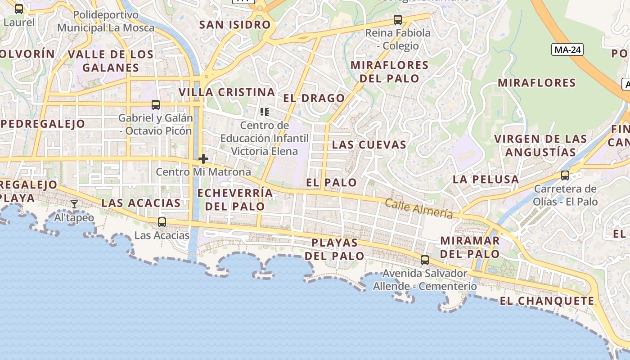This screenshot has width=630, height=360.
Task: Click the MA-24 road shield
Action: [567, 49]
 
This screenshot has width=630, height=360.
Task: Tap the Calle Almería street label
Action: [418, 208]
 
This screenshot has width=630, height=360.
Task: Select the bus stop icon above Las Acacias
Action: [162, 222]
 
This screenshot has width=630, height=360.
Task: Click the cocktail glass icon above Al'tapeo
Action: [74, 204]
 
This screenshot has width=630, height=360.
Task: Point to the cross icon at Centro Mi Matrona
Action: [203, 159]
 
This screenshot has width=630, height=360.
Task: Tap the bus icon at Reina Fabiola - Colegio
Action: [397, 20]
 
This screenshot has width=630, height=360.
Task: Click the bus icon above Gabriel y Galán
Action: [156, 105]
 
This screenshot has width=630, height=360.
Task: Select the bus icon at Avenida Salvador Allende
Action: [425, 260]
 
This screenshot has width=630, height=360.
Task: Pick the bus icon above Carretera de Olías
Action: [565, 175]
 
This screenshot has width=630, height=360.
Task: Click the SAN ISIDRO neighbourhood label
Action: [235, 25]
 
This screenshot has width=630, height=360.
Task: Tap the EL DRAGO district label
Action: [314, 98]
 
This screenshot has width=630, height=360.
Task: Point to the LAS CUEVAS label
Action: [369, 145]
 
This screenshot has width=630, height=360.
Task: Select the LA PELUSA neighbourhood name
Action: [486, 179]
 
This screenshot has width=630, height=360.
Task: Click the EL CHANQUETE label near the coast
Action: [547, 301]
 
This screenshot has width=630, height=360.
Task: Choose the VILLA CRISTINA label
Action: [227, 92]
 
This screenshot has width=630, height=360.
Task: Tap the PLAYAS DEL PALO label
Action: [335, 249]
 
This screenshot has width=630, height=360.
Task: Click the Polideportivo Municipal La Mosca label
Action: [106, 21]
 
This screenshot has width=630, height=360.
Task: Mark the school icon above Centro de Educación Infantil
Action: [265, 112]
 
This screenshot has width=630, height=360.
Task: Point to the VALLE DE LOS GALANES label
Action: [111, 61]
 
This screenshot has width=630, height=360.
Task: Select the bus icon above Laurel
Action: [19, 9]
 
